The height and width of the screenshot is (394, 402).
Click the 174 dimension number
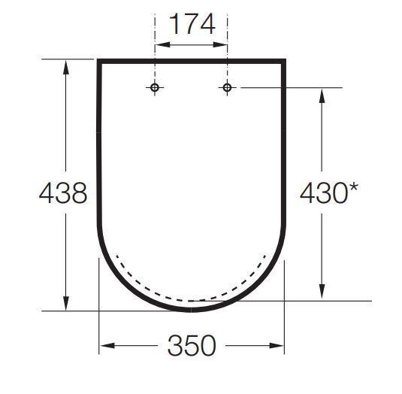pyautogui.click(x=192, y=24)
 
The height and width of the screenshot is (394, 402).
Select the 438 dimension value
pyautogui.click(x=63, y=193)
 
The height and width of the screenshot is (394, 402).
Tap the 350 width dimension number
pyautogui.click(x=192, y=345)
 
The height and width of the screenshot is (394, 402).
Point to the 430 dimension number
pyautogui.click(x=324, y=193)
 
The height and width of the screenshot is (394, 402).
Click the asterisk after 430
pyautogui.click(x=353, y=187)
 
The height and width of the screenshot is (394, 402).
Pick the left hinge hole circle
pyautogui.click(x=155, y=87)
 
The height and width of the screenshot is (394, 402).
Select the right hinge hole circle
pyautogui.click(x=227, y=87)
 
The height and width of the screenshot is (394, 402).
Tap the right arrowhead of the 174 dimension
pyautogui.click(x=219, y=44)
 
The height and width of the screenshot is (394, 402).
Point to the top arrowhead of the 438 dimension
pyautogui.click(x=66, y=67)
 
